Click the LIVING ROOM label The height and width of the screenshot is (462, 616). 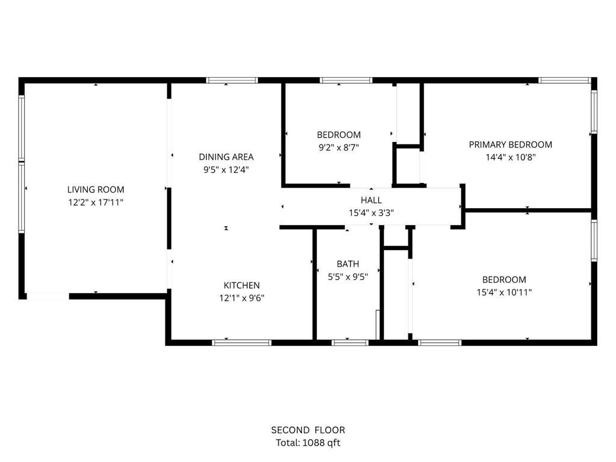tap(96, 189)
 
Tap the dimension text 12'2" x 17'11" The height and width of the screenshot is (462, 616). tap(96, 203)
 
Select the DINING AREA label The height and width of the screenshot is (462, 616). tap(226, 157)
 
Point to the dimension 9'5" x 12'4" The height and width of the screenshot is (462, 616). tap(226, 170)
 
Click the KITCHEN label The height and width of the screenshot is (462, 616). tap(242, 286)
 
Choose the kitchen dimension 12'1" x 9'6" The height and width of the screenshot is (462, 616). tap(242, 298)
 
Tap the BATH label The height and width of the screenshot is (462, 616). tap(348, 264)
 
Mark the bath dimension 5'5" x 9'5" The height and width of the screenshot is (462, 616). tap(348, 277)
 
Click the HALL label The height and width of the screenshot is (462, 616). tap(371, 200)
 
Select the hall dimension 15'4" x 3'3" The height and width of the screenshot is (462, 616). tap(371, 214)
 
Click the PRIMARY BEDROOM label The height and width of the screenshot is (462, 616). tap(510, 144)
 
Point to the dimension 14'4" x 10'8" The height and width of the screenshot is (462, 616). tap(511, 158)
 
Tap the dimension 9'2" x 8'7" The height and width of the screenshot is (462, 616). tap(339, 148)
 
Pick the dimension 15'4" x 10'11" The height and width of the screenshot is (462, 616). tap(504, 293)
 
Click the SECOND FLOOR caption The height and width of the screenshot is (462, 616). tap(308, 430)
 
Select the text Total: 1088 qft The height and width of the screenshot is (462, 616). tap(308, 443)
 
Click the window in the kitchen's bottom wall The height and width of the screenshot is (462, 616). tap(242, 343)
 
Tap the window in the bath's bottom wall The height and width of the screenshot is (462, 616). tap(350, 343)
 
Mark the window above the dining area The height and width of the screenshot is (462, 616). tap(232, 81)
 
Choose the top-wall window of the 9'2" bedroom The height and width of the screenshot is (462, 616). tap(346, 81)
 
